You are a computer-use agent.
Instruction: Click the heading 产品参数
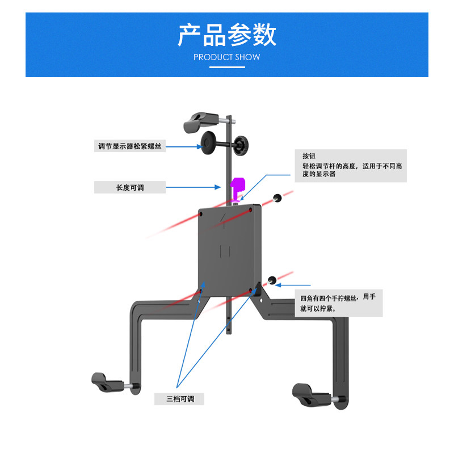click(x=226, y=35)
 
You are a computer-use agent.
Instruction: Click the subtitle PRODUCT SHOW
click(x=226, y=57)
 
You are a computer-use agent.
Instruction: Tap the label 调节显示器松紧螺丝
click(x=130, y=146)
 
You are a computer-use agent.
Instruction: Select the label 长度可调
click(x=130, y=187)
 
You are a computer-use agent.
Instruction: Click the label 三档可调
click(x=179, y=399)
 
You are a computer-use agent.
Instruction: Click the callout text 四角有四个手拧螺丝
click(x=329, y=298)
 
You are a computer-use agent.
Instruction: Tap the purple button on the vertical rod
click(x=237, y=186)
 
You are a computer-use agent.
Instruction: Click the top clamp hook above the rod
click(x=200, y=121)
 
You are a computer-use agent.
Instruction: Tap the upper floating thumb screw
click(x=278, y=197)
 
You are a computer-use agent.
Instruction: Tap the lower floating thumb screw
click(x=272, y=280)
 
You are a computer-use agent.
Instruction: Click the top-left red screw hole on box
click(x=201, y=214)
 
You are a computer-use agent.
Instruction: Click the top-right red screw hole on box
click(x=251, y=210)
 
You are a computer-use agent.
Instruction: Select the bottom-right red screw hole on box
click(x=250, y=292)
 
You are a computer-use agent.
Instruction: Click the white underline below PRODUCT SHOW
click(x=226, y=67)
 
